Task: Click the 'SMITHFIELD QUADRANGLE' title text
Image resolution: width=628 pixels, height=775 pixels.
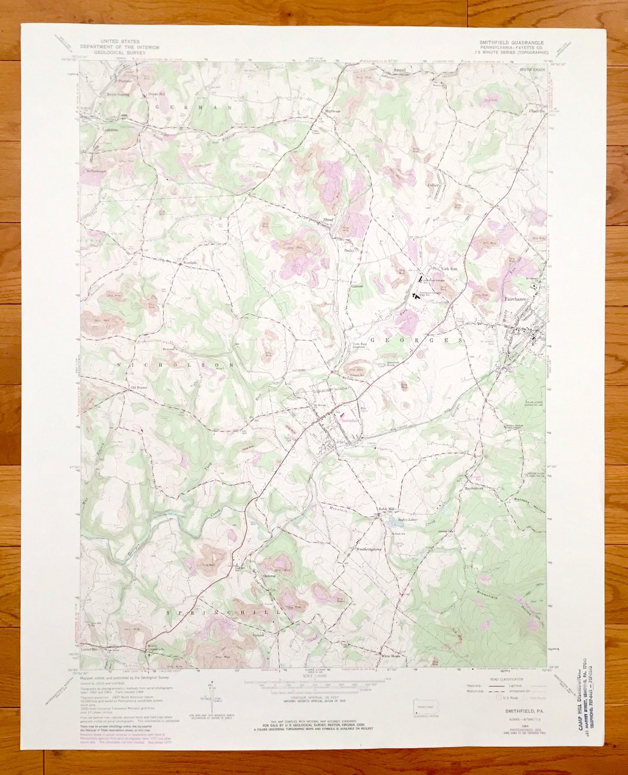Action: [511, 42]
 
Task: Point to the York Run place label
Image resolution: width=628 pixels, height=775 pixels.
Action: [449, 269]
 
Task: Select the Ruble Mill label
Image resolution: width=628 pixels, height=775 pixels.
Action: [387, 509]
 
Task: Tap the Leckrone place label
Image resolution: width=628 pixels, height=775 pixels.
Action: [110, 130]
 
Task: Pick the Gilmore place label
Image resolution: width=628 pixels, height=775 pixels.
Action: [356, 286]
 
